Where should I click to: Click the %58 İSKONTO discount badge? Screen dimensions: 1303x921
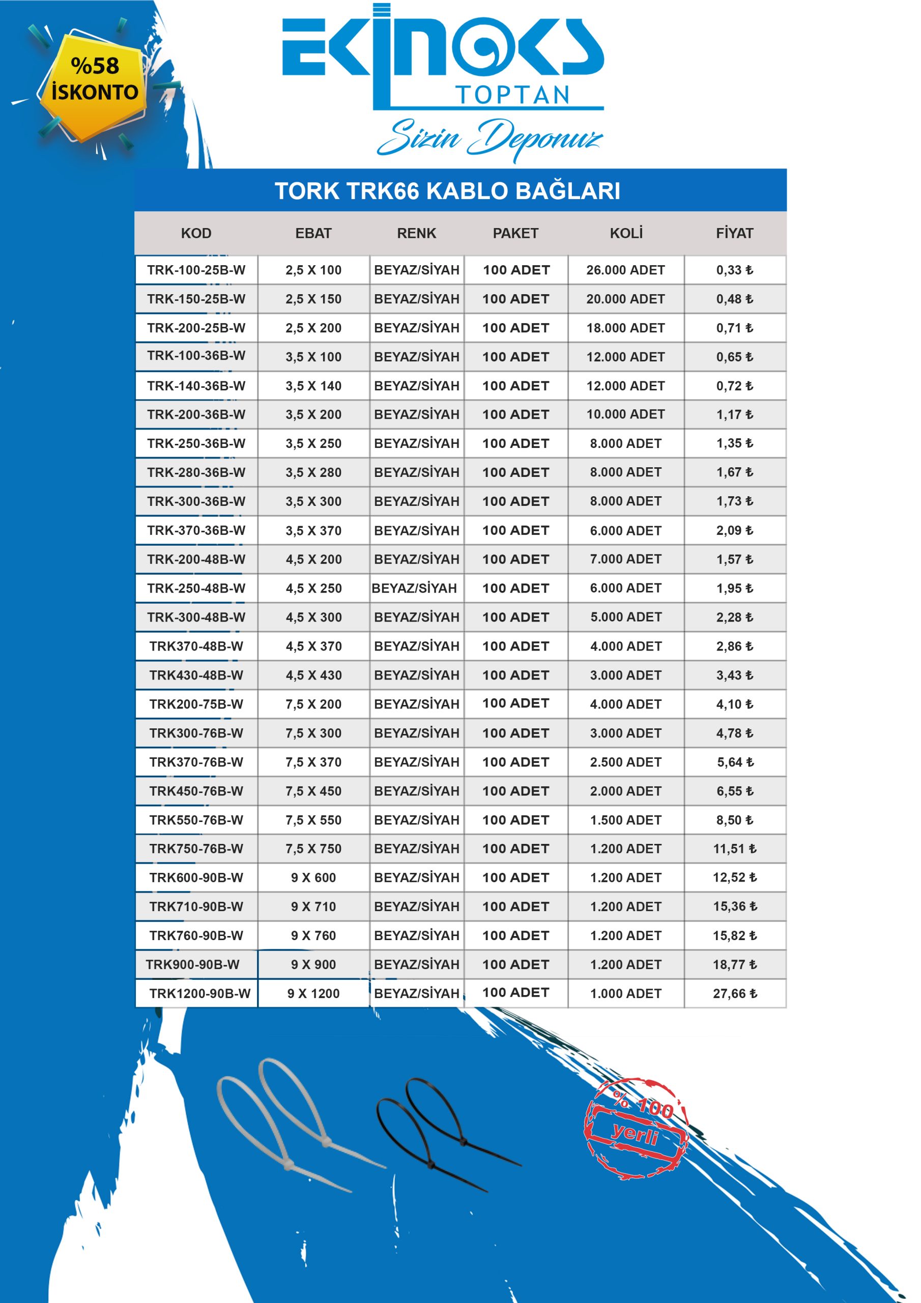coord(94,80)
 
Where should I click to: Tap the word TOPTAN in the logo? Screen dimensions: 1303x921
coord(512,95)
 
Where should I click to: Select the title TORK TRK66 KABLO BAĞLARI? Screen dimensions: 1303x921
coord(447,191)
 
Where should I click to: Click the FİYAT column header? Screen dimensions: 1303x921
coord(734,233)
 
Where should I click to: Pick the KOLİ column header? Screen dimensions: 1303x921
coord(626,233)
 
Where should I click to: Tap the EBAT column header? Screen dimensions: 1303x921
coord(313,233)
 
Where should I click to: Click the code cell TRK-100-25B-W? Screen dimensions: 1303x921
coord(196,270)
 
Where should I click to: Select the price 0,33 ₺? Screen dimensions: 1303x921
coord(734,270)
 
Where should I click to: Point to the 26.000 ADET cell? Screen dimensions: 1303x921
coord(625,270)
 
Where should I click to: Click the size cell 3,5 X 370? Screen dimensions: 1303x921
coord(313,531)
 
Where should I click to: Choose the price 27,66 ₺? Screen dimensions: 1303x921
coord(735,994)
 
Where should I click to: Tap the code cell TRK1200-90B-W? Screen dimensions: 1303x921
coord(200,994)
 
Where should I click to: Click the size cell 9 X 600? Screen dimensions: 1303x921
coord(313,878)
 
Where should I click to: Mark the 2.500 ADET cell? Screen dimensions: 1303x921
coord(625,762)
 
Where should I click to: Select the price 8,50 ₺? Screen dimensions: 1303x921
coord(734,820)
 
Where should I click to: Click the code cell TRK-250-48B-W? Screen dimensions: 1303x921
coord(196,588)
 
